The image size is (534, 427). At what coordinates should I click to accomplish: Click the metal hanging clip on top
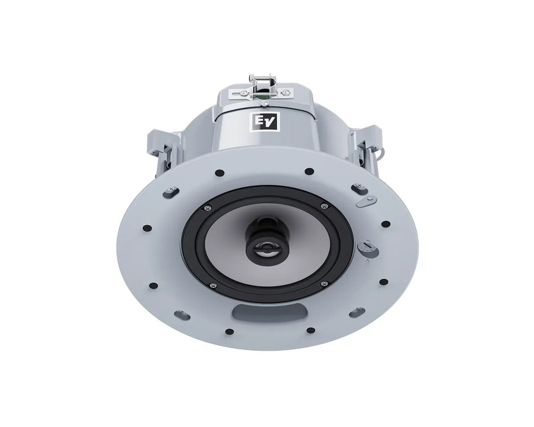point(262,87)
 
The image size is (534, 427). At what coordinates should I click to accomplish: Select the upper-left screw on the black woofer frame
point(207,207)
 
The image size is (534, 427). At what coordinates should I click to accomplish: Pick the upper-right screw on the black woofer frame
point(324,206)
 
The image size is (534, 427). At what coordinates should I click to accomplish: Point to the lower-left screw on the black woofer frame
point(213,285)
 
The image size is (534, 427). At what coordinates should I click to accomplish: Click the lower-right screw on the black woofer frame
point(325,283)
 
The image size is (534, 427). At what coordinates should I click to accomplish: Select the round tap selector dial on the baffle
point(368,248)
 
